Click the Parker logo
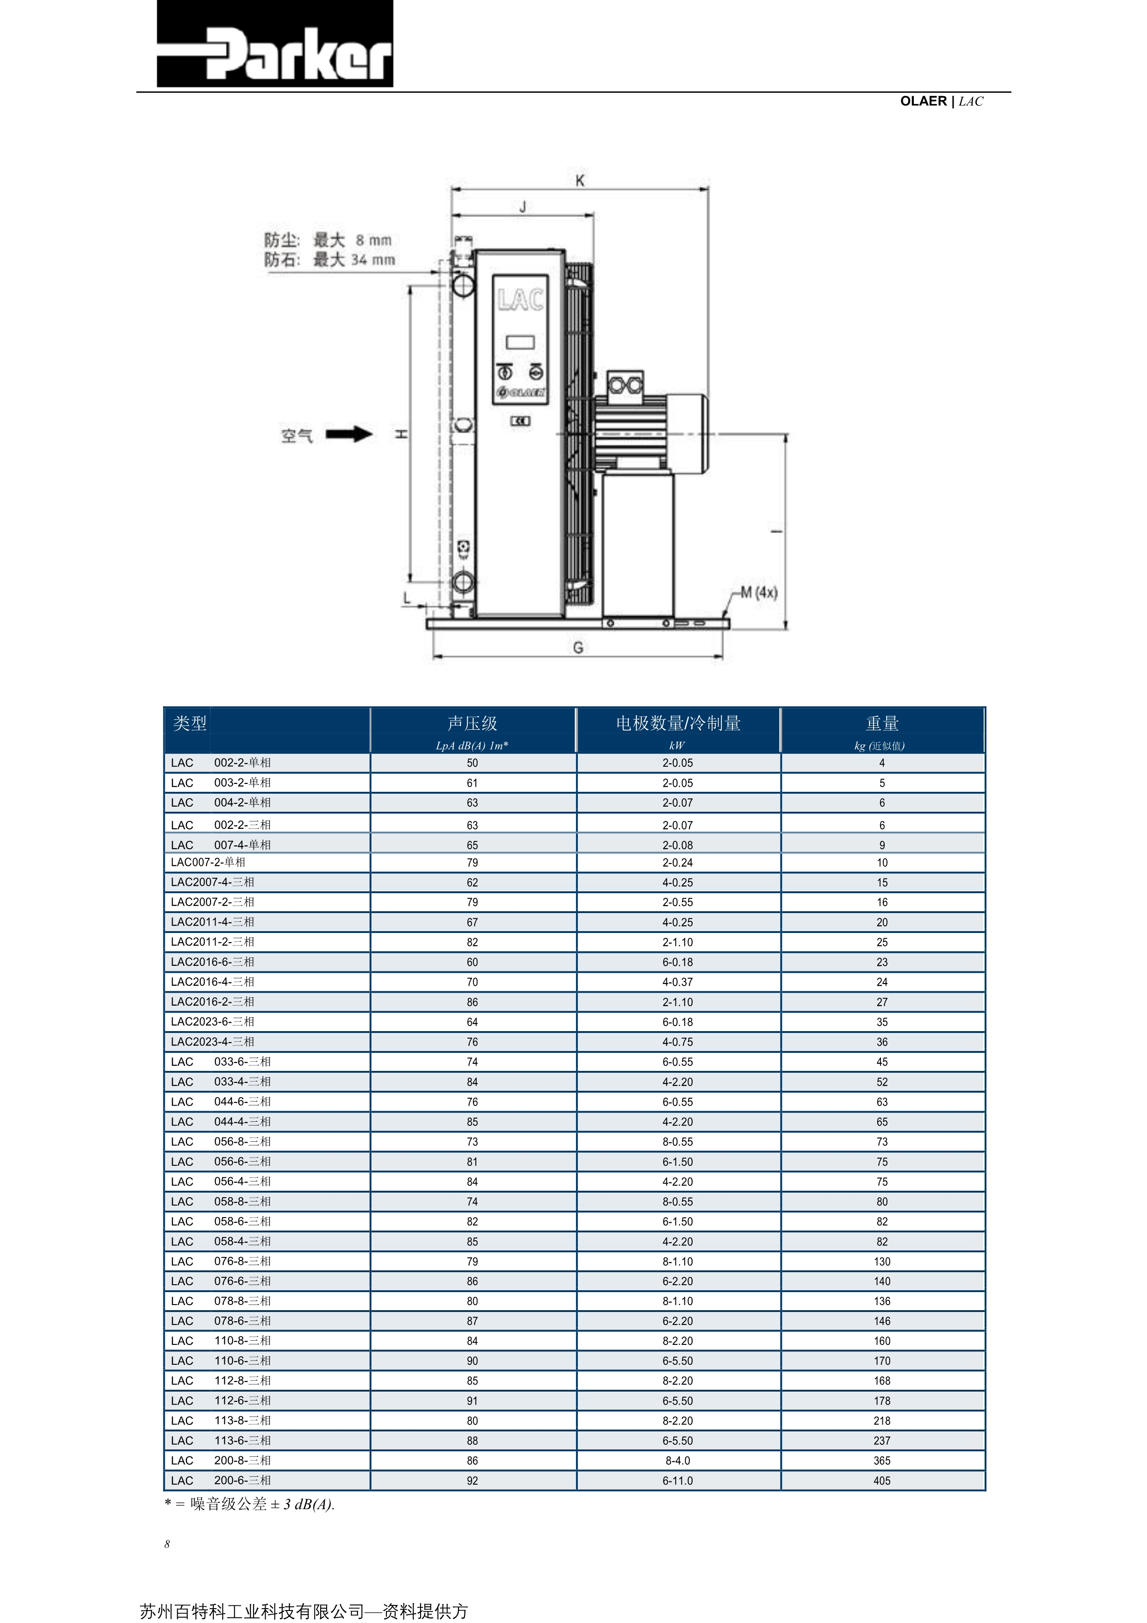tap(274, 44)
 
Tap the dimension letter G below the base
tap(578, 647)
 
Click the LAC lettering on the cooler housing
tap(520, 300)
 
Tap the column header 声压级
tap(472, 723)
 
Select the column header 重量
tap(882, 723)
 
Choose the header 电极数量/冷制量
tap(678, 723)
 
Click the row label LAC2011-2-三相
tap(212, 942)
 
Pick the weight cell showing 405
tap(882, 1480)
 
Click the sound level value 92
tap(472, 1480)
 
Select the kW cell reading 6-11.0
tap(678, 1480)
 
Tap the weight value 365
tap(882, 1461)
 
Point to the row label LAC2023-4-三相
tap(212, 1041)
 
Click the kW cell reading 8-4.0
tap(678, 1461)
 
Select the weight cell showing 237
tap(882, 1441)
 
